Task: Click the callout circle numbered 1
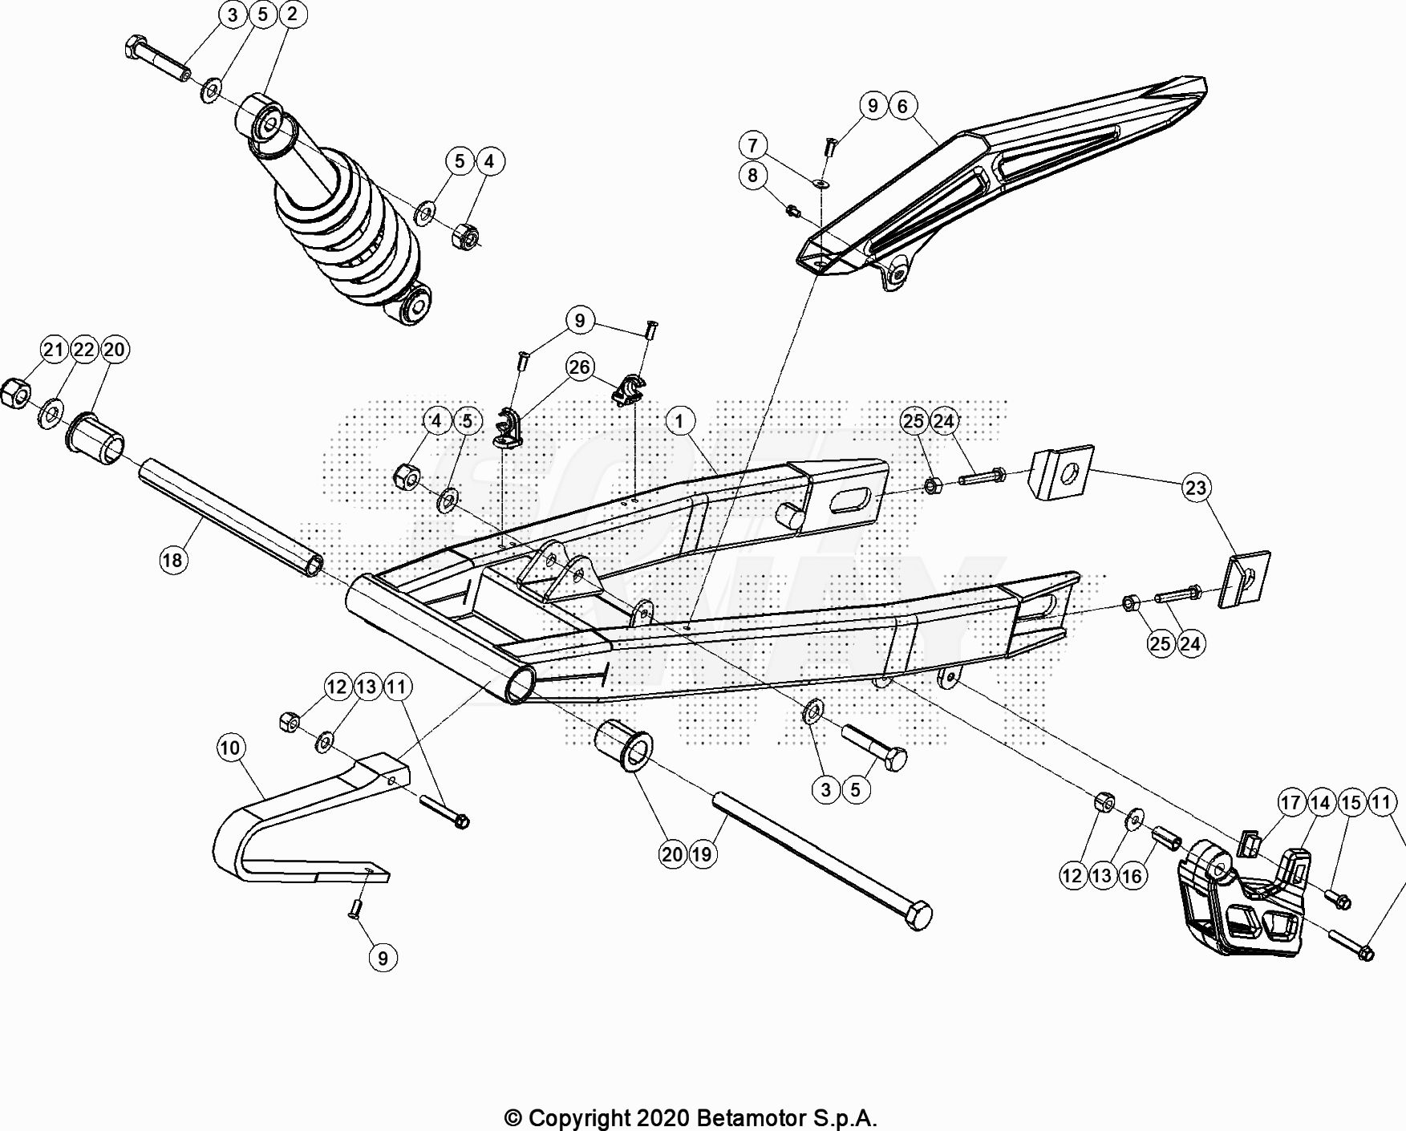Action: point(679,420)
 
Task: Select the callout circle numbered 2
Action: point(292,14)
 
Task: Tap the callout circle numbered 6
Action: point(902,105)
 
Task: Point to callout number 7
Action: point(752,144)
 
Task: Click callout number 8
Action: point(752,175)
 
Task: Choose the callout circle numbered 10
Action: point(230,748)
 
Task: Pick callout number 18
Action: point(173,559)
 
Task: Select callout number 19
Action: point(702,854)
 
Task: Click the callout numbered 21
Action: point(54,349)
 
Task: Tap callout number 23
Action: point(1195,487)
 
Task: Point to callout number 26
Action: point(579,367)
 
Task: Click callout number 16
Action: point(1132,875)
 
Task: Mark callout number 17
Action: point(1291,802)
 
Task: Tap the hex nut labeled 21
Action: point(15,394)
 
